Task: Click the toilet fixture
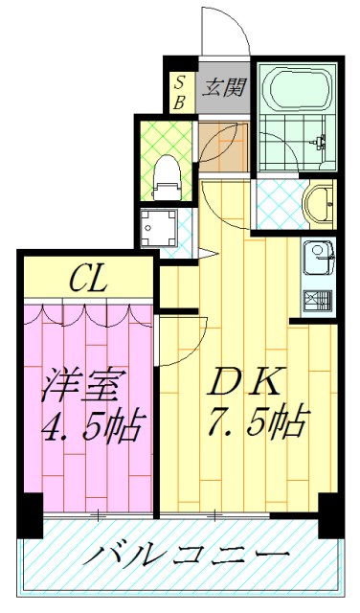click(167, 173)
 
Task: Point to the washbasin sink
click(318, 203)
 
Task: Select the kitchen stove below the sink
click(317, 300)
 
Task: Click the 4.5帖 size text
click(91, 424)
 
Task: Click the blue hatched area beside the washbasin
click(278, 203)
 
